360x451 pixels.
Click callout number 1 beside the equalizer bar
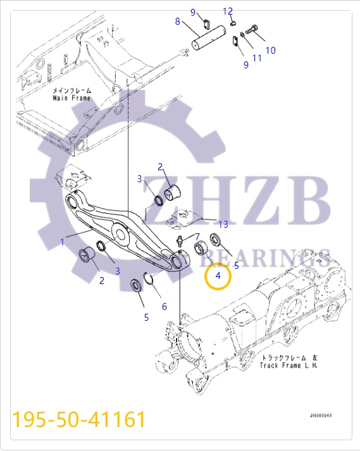coord(62,242)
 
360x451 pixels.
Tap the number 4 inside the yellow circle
coord(218,276)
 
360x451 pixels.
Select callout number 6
coord(164,307)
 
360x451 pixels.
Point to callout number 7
coord(197,237)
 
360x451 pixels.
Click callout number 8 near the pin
coord(178,22)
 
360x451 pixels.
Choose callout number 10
coord(270,51)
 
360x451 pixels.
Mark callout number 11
coord(256,58)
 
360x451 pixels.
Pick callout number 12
coord(228,11)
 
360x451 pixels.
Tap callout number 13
coord(223,225)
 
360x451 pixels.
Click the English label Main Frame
coord(71,98)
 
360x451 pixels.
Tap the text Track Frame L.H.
coord(289,366)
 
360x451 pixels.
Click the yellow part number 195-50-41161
coord(79,419)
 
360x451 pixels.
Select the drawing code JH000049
coord(320,415)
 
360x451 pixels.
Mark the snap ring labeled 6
coord(151,279)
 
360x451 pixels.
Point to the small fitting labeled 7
coord(182,242)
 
